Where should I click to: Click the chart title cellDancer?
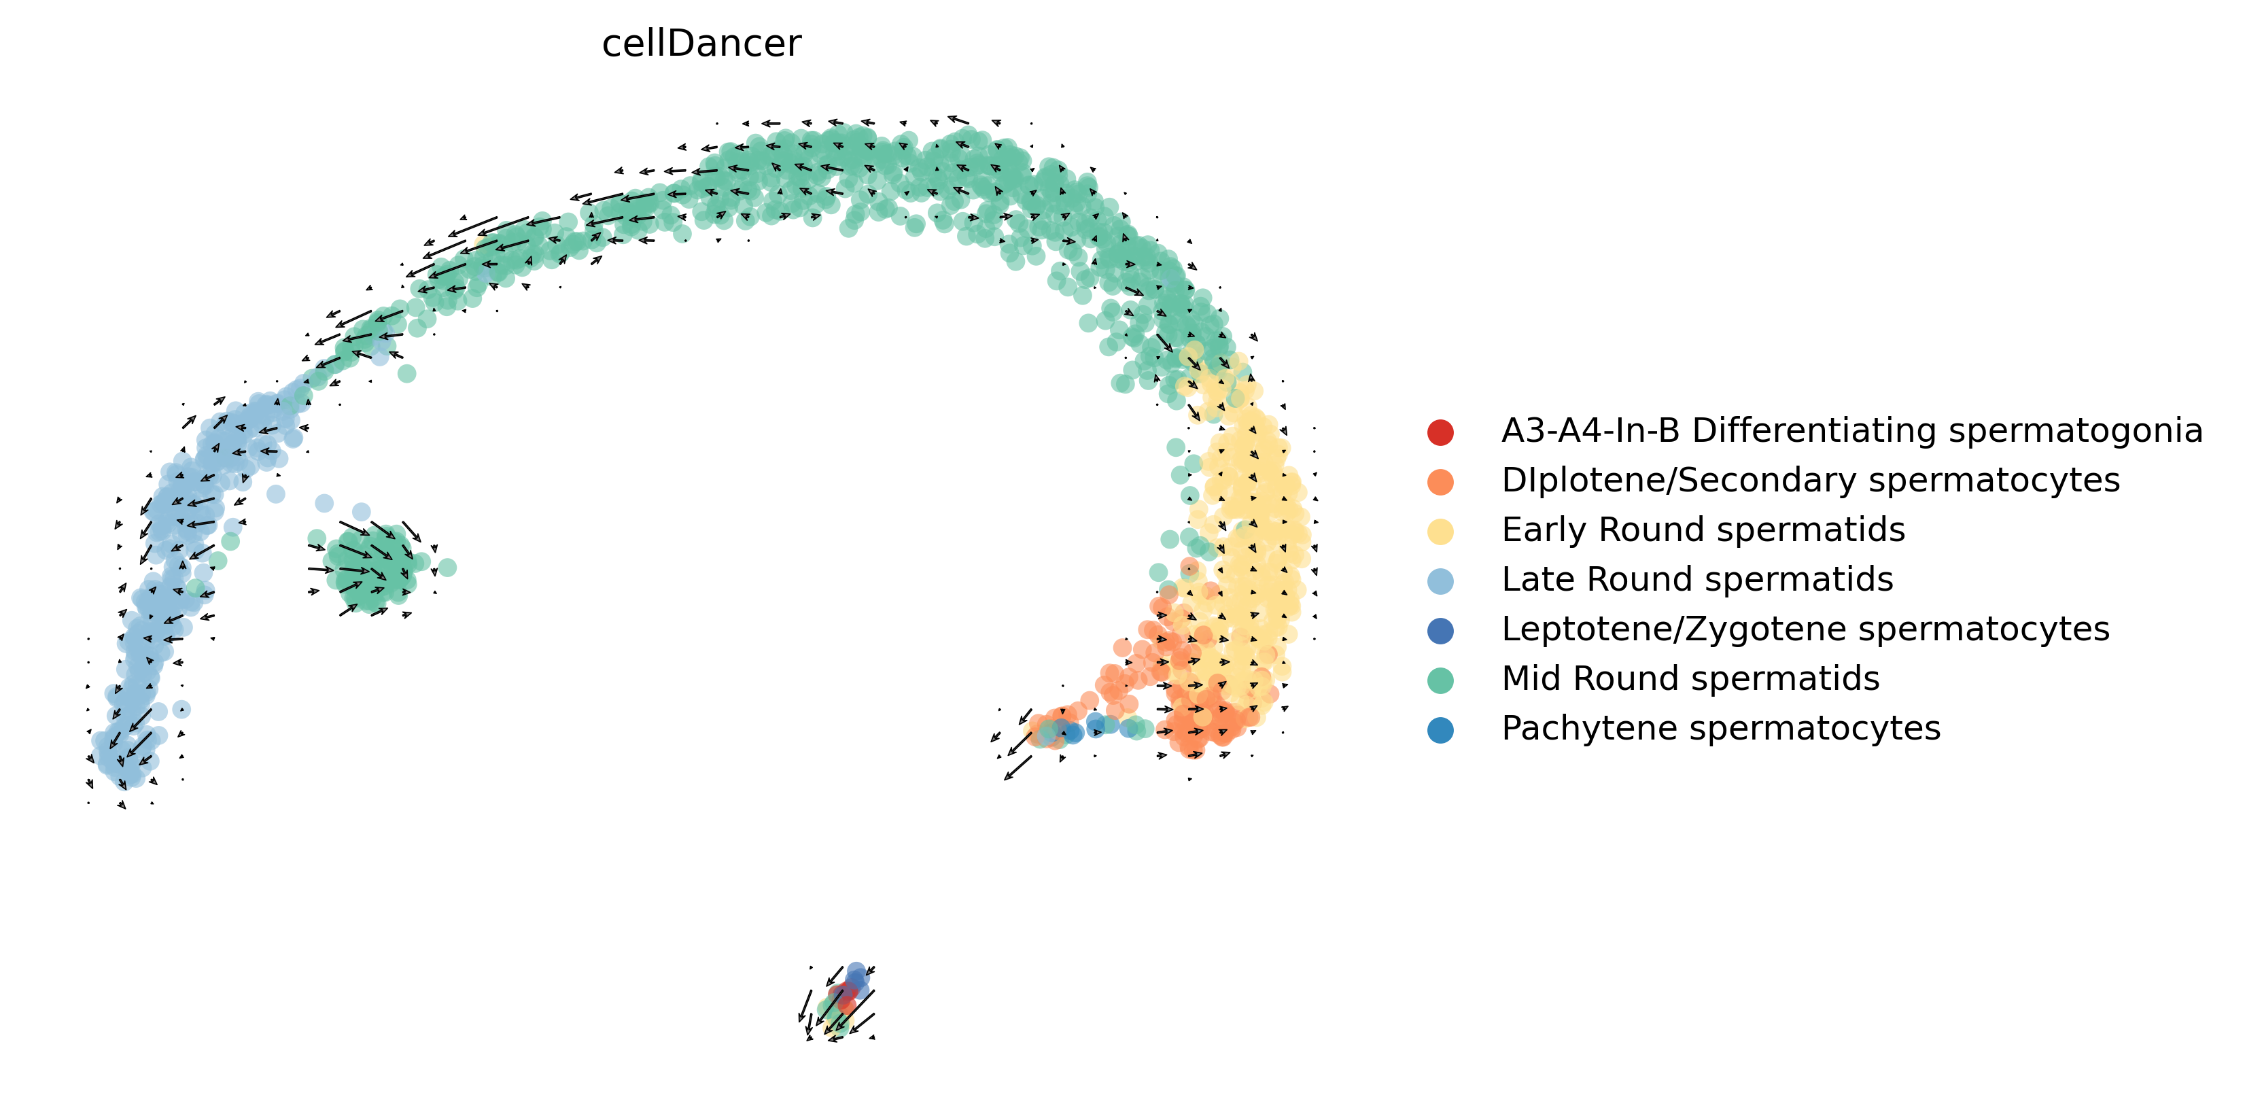[x=701, y=44]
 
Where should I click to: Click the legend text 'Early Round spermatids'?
[x=1703, y=530]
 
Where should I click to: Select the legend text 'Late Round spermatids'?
[x=1696, y=579]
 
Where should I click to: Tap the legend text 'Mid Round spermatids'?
[x=1690, y=679]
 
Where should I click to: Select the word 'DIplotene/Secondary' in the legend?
[x=1667, y=480]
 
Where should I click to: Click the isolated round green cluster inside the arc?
[x=370, y=566]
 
